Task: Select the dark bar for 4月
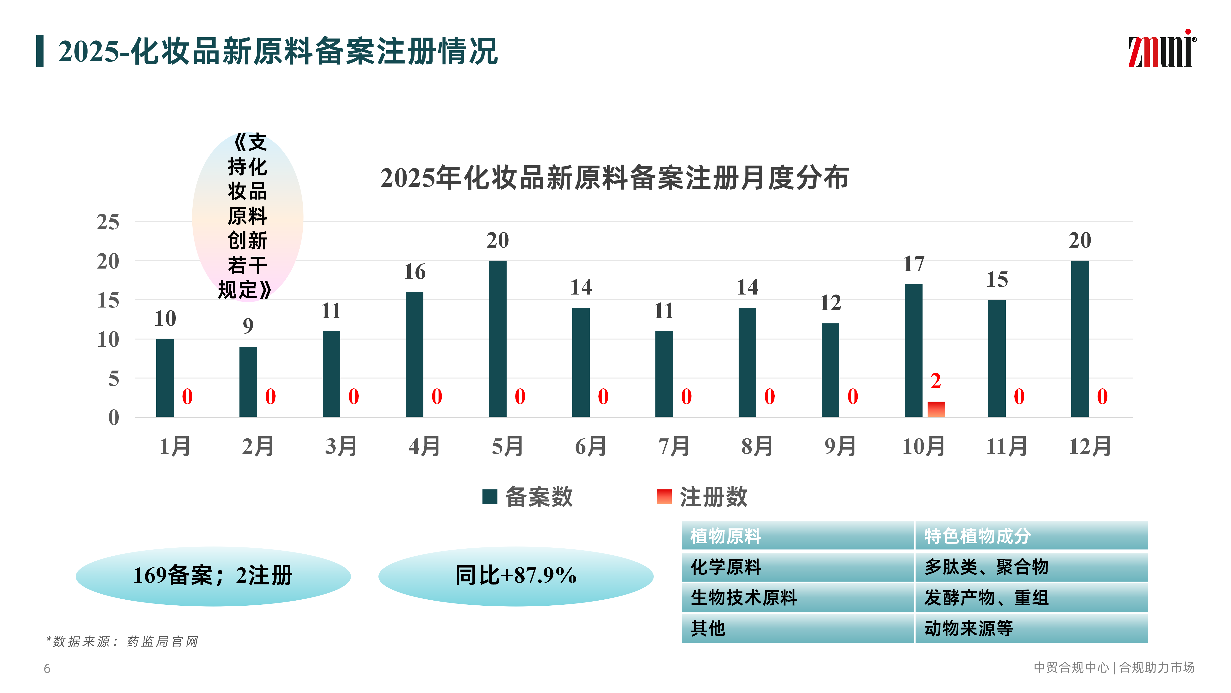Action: [x=414, y=354]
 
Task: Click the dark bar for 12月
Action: [x=1080, y=339]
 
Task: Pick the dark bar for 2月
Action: [x=248, y=382]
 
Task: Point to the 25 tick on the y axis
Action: [x=108, y=222]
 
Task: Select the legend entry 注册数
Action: [x=703, y=497]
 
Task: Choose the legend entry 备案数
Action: [x=528, y=497]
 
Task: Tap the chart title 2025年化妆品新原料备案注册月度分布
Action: [x=615, y=178]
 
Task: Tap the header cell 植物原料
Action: [x=725, y=536]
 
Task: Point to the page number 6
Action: [x=47, y=669]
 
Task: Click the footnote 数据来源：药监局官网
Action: [x=122, y=641]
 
